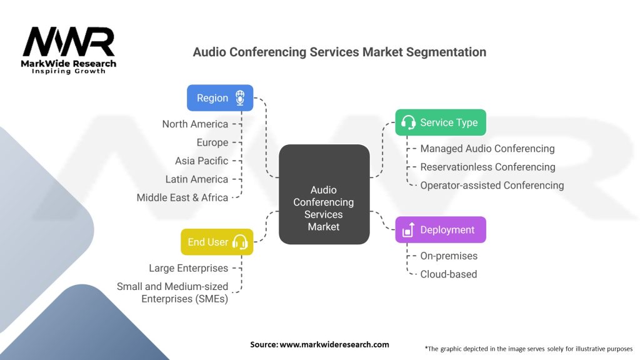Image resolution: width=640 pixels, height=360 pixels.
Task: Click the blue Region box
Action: click(220, 98)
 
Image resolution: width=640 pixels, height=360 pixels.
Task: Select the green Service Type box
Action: click(441, 122)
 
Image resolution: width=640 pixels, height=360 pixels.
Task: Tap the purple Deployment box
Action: click(441, 230)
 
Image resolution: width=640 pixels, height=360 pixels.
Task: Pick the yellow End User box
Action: click(217, 242)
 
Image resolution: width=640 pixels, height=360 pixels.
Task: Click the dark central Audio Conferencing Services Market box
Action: click(324, 194)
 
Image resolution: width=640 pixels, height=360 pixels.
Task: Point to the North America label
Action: click(195, 124)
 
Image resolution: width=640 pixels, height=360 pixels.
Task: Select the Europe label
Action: click(212, 142)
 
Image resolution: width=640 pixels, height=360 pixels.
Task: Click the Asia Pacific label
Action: click(202, 161)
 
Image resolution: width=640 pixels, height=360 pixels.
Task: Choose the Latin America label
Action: click(197, 179)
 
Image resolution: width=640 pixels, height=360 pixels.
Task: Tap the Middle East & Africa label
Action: click(182, 197)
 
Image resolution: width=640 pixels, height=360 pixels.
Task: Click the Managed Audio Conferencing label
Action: click(487, 149)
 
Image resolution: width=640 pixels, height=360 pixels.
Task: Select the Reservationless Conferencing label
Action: click(487, 167)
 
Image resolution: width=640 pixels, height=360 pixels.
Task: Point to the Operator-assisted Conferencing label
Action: click(492, 185)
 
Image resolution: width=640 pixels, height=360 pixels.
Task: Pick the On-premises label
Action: click(449, 256)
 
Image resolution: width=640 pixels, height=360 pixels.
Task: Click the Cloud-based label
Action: click(449, 274)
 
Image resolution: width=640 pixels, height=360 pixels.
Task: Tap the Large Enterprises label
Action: click(189, 268)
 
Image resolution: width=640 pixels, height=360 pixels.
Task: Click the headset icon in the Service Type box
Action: click(408, 122)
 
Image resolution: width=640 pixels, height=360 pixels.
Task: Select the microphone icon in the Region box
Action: click(240, 98)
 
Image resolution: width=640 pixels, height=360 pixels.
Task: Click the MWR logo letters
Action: click(69, 42)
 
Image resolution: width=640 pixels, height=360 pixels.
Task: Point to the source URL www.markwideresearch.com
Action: click(334, 344)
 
